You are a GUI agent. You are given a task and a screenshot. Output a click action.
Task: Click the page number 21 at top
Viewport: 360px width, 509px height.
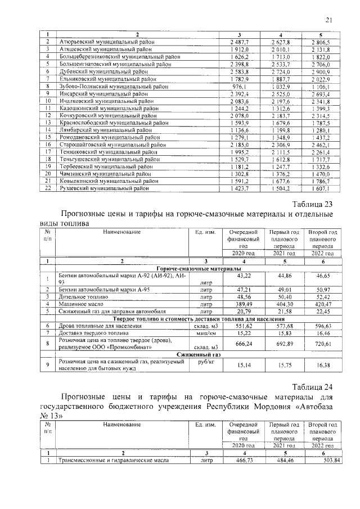(x=329, y=21)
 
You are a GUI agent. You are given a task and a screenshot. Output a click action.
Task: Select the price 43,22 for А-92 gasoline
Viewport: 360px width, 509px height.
(x=244, y=276)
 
